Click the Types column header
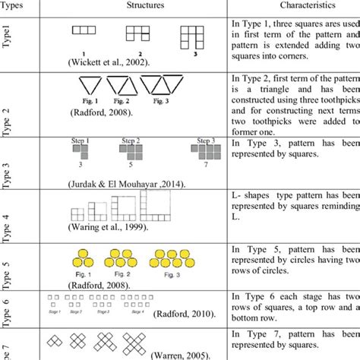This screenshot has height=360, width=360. coord(14,5)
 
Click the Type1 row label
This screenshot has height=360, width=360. coord(9,42)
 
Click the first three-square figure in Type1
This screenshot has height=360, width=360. coord(85,30)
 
